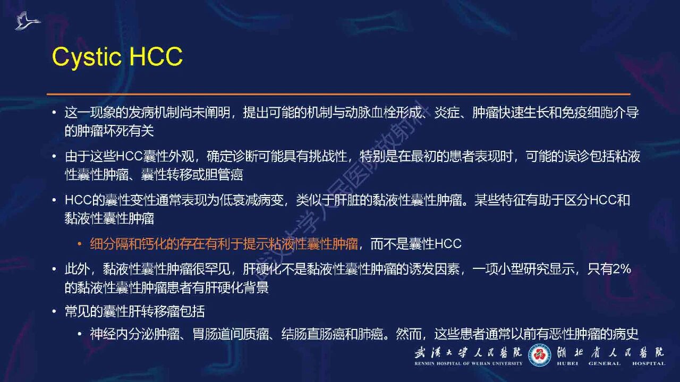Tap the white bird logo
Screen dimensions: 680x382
pos(27,21)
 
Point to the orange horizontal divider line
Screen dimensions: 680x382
pos(338,94)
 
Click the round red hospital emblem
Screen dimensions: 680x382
pos(539,355)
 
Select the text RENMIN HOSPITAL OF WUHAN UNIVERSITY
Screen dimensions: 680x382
pos(469,363)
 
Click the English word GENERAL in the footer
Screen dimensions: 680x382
pos(605,363)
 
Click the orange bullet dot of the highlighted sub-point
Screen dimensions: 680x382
pos(80,244)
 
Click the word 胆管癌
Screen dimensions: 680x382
pos(224,175)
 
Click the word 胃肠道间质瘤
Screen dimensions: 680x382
pos(231,334)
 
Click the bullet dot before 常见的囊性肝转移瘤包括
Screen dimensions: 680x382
pos(54,311)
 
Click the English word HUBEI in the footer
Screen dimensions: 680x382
pos(567,363)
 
